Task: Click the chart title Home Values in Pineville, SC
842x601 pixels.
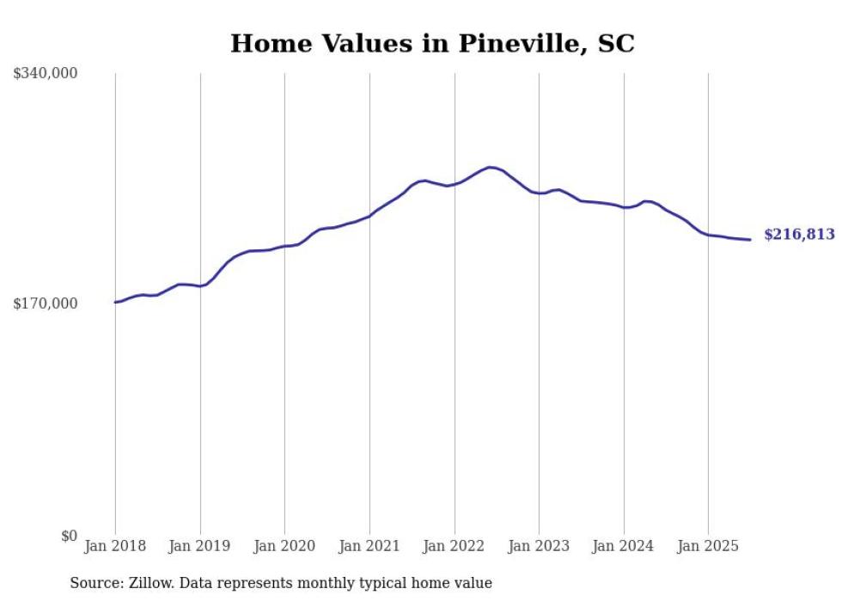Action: tap(432, 44)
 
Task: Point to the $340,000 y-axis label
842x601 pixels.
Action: tap(46, 74)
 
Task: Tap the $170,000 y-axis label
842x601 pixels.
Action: tap(46, 304)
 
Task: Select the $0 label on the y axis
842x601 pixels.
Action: tap(70, 537)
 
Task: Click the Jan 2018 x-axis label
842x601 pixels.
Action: tap(115, 546)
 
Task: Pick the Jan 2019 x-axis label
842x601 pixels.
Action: tap(200, 546)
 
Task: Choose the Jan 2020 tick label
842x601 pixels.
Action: tap(284, 546)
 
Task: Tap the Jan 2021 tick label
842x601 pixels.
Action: tap(369, 546)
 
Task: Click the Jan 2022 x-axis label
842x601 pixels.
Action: tap(455, 546)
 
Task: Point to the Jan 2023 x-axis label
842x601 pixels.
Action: tap(539, 546)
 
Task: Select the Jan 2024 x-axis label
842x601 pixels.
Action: tap(624, 546)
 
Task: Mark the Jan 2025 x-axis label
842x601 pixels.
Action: tap(708, 546)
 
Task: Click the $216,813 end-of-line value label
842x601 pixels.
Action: tap(799, 235)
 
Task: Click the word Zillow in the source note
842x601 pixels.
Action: tap(147, 583)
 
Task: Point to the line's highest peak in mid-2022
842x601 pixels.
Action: tap(490, 167)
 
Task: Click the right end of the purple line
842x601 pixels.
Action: tap(750, 240)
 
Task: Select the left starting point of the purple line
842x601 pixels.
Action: tap(115, 302)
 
